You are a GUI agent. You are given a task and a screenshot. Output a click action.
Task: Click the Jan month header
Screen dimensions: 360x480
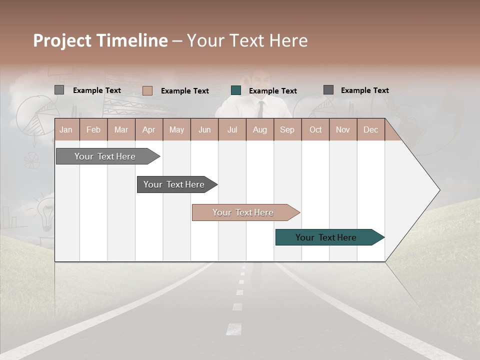click(66, 129)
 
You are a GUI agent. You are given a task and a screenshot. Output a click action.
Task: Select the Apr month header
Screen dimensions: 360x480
click(148, 129)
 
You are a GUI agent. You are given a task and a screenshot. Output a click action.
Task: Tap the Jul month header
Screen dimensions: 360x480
click(232, 129)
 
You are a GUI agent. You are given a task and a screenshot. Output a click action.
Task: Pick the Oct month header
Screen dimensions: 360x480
click(315, 129)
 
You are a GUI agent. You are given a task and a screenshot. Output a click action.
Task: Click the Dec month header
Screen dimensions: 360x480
click(370, 129)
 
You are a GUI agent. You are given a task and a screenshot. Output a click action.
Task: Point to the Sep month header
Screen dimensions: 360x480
click(287, 129)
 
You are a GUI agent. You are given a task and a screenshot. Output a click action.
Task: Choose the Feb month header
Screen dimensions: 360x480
click(93, 129)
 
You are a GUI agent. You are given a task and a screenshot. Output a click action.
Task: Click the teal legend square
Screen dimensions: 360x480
click(236, 90)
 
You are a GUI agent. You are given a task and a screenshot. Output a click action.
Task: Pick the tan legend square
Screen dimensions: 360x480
click(147, 90)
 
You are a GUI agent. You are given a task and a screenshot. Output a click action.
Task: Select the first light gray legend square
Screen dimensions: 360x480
click(59, 90)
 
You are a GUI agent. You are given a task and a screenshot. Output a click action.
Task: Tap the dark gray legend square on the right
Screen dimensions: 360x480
click(328, 90)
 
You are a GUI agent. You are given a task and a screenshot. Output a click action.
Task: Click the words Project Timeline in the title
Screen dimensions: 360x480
click(100, 40)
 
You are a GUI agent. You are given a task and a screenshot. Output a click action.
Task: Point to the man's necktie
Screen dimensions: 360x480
click(260, 108)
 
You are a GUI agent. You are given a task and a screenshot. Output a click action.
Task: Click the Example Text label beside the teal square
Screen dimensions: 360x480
click(273, 91)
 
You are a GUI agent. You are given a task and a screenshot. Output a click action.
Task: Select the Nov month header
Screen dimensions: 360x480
click(343, 129)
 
